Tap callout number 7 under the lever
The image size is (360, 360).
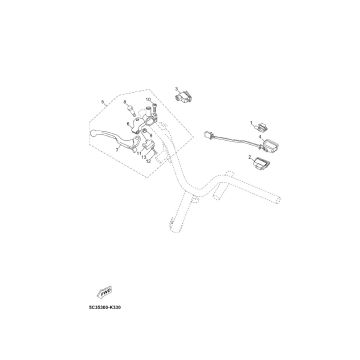pos(117,150)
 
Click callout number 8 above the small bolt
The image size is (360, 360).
pos(125,101)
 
